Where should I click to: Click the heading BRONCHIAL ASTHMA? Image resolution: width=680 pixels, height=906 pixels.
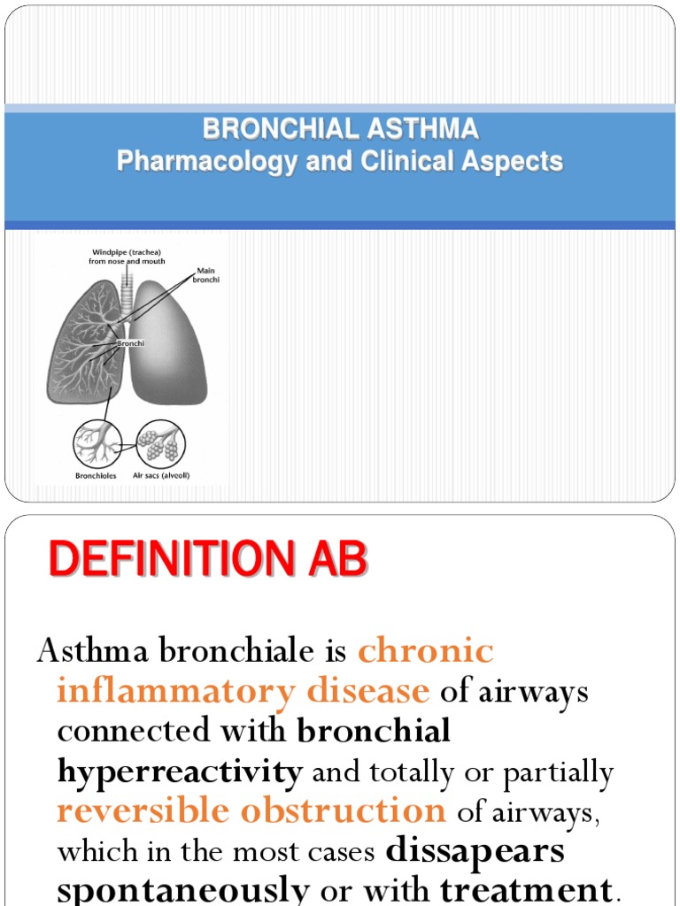click(340, 129)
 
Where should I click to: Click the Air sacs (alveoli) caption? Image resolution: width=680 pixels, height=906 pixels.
click(161, 475)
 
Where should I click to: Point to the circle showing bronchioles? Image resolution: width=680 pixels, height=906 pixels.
click(97, 443)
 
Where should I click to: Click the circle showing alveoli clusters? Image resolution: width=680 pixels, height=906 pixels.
click(160, 443)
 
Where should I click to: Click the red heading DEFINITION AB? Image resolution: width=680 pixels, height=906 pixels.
click(207, 560)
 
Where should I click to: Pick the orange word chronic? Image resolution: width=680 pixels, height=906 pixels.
click(426, 651)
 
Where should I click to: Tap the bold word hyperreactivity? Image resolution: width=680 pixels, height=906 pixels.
click(180, 772)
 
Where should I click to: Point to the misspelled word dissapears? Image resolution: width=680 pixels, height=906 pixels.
click(475, 851)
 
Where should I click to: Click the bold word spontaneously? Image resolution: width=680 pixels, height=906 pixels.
click(183, 889)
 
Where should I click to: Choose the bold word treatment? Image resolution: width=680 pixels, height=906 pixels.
click(526, 889)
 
